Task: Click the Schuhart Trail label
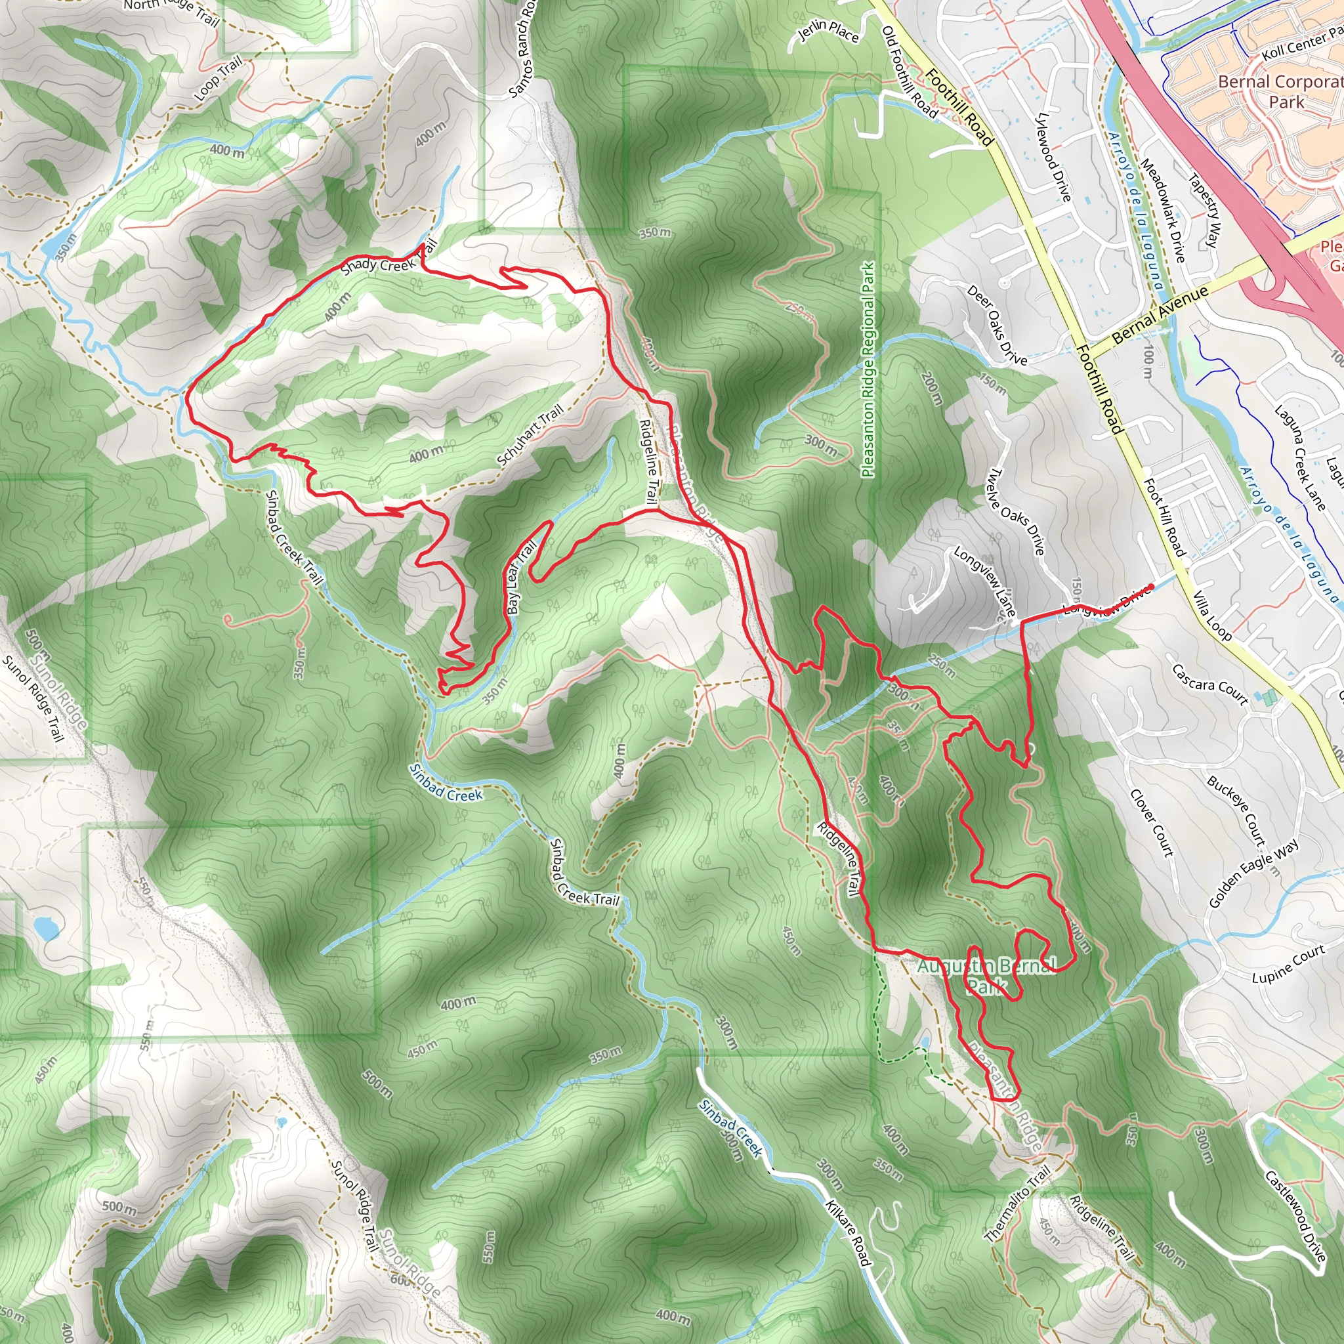pyautogui.click(x=530, y=437)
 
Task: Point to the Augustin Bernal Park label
pyautogui.click(x=986, y=975)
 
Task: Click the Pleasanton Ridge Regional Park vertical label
pyautogui.click(x=868, y=370)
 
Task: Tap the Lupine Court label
pyautogui.click(x=1288, y=965)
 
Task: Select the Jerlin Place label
pyautogui.click(x=828, y=30)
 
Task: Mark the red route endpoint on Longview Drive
pyautogui.click(x=1151, y=587)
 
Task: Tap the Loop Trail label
pyautogui.click(x=219, y=78)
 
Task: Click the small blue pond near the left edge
pyautogui.click(x=45, y=927)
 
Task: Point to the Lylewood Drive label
pyautogui.click(x=1053, y=157)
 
